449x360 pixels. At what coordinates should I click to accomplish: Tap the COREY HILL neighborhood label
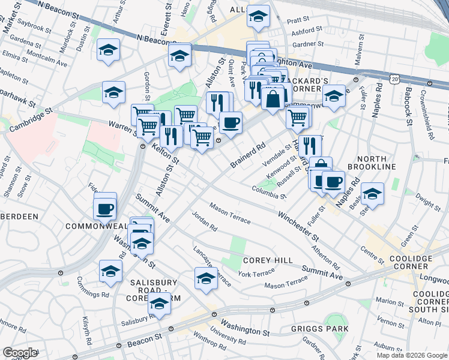click(268, 260)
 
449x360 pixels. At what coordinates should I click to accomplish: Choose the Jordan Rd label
click(204, 221)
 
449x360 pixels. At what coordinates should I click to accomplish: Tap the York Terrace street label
click(256, 273)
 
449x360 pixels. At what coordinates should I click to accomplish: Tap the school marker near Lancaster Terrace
click(206, 278)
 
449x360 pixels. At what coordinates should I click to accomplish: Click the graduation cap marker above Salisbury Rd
click(159, 303)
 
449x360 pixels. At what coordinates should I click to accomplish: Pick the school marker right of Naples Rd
click(372, 193)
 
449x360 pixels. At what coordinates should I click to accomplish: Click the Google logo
click(19, 352)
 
